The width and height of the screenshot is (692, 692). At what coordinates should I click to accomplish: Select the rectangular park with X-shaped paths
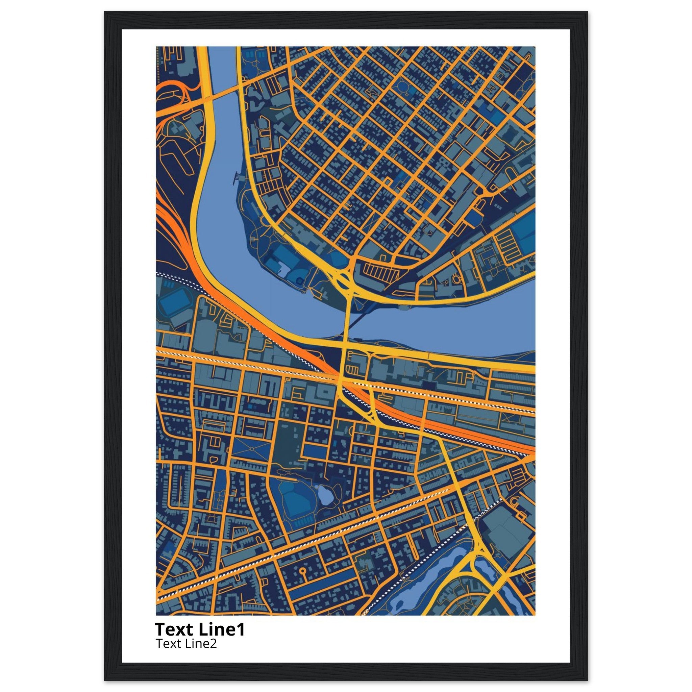(x=251, y=449)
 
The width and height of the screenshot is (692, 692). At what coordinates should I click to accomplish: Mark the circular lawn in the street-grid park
(x=404, y=87)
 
